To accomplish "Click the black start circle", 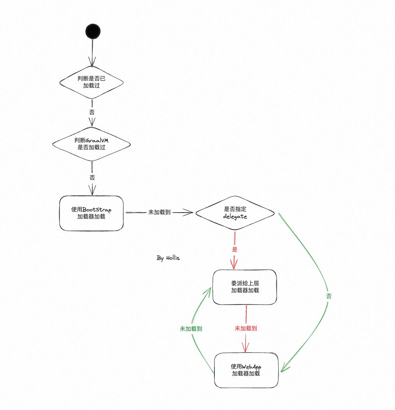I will coord(93,31).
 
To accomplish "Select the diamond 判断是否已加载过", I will coord(91,82).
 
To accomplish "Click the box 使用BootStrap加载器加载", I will coord(91,213).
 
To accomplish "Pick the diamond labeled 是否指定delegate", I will coord(235,213).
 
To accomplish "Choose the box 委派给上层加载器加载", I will coord(245,287).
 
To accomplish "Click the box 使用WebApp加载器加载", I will coord(246,370).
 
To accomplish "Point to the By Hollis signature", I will coord(168,258).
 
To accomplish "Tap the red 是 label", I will coord(235,249).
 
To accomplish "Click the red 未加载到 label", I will coord(246,328).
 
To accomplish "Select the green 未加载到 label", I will coord(191,329).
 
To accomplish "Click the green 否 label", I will coord(329,296).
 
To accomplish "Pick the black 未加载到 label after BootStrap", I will coord(160,213).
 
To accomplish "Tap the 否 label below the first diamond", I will coord(92,112).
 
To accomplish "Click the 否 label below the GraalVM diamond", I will coord(92,178).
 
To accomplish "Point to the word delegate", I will coord(235,216).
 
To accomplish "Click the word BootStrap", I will coord(97,210).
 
